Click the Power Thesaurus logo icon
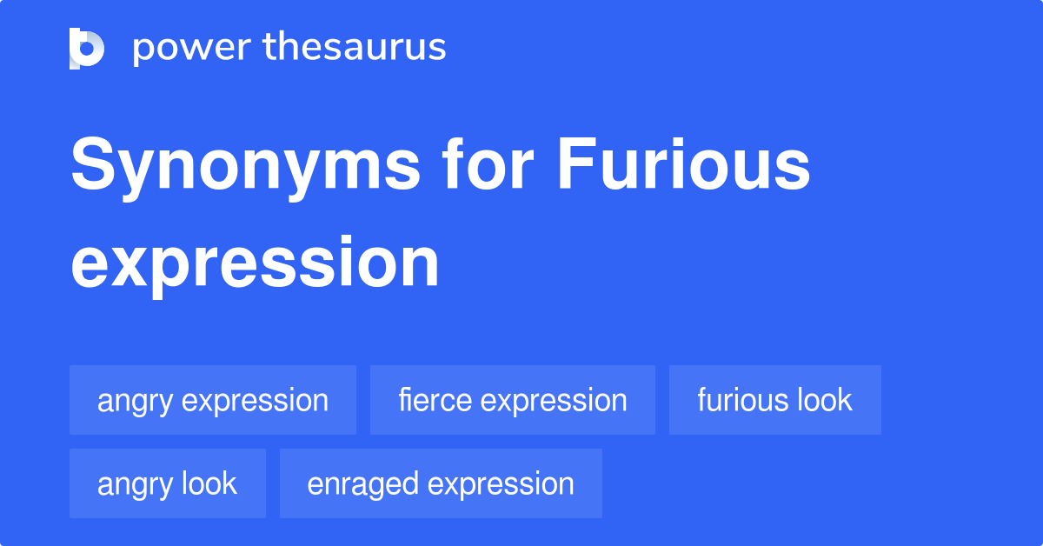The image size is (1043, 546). [x=87, y=48]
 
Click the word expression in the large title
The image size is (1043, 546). [x=255, y=262]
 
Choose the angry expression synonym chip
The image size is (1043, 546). [x=213, y=400]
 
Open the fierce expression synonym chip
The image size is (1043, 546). [x=512, y=400]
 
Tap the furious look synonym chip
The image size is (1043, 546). [x=774, y=400]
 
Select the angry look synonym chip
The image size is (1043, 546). [x=167, y=483]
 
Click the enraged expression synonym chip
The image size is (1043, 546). [x=441, y=483]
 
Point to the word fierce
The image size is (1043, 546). [x=435, y=400]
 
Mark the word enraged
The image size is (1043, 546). [x=359, y=484]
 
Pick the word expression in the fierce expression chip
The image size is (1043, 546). [x=554, y=401]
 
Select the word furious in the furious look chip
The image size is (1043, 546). [x=741, y=400]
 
